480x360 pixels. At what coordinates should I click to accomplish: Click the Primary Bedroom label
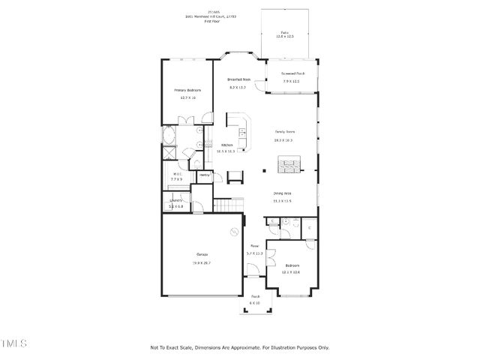(x=184, y=90)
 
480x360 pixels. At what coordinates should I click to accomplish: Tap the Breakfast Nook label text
(x=238, y=79)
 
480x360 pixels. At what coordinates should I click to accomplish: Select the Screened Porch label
(x=292, y=73)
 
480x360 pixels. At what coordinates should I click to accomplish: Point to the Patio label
(x=284, y=33)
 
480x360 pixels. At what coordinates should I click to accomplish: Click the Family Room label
(x=283, y=130)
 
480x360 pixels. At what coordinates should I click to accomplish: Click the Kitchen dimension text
(x=226, y=151)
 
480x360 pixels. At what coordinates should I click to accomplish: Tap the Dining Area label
(x=282, y=193)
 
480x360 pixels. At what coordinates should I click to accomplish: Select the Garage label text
(x=202, y=255)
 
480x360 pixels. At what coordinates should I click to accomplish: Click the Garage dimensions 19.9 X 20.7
(x=202, y=263)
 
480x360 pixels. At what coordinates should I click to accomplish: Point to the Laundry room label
(x=176, y=200)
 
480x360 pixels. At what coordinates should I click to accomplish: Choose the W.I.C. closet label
(x=176, y=175)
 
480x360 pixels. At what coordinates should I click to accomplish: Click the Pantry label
(x=204, y=175)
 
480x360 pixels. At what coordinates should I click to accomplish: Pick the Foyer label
(x=255, y=245)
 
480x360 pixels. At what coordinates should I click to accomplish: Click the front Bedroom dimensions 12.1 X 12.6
(x=292, y=271)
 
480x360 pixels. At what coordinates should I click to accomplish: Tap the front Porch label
(x=255, y=295)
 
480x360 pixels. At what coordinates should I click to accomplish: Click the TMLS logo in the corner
(x=13, y=343)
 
